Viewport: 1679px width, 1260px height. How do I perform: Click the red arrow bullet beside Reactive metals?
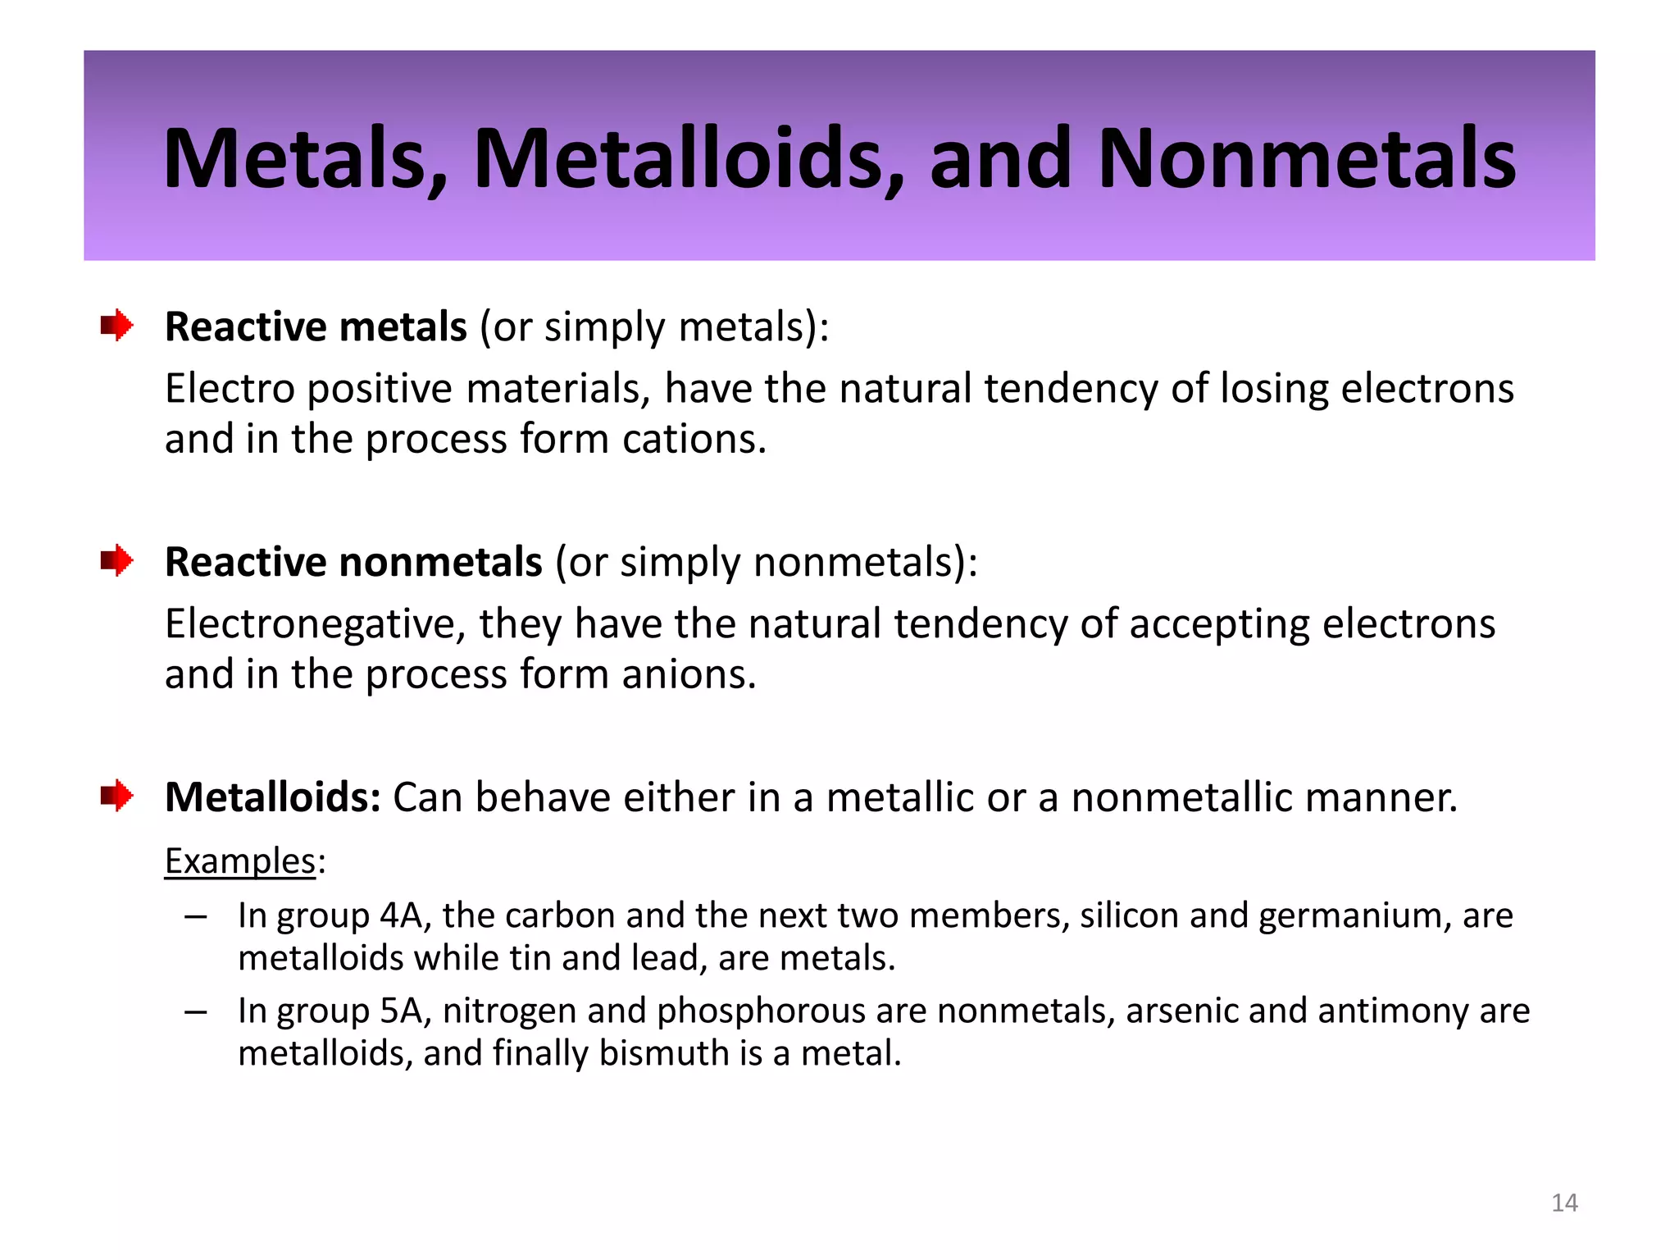click(117, 326)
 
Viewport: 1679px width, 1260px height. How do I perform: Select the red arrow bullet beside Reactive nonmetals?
click(117, 561)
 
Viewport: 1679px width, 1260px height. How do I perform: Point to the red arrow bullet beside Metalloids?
click(117, 796)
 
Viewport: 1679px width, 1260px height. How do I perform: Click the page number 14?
click(1564, 1203)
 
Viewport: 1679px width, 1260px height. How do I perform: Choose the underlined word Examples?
click(240, 861)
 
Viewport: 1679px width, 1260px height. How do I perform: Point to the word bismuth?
click(664, 1053)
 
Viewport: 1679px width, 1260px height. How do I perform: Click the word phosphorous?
click(761, 1011)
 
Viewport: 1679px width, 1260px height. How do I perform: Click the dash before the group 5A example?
click(195, 1011)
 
